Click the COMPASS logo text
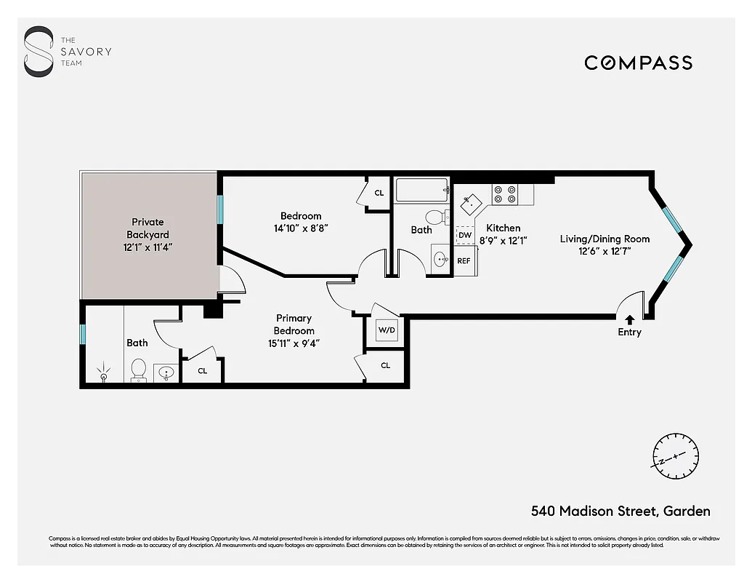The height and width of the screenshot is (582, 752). [638, 63]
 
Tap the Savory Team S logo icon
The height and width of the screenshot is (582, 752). [39, 52]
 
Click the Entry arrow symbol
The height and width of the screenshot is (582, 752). [629, 319]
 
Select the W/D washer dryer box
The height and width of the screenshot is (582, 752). [386, 330]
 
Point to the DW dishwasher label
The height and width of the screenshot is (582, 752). [465, 236]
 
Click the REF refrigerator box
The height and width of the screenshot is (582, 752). [464, 260]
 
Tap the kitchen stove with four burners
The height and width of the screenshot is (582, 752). [505, 194]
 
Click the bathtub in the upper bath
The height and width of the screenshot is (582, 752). [421, 192]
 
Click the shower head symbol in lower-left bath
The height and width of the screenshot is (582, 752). [104, 372]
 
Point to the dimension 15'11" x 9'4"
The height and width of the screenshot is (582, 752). [294, 343]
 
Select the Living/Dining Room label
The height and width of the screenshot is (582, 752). [605, 239]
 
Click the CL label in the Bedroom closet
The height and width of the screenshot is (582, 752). [379, 193]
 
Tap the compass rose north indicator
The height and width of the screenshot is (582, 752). [675, 455]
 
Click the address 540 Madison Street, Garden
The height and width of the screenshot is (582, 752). [620, 511]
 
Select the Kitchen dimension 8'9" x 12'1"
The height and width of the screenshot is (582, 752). [503, 240]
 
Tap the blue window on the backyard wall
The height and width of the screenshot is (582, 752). [219, 208]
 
